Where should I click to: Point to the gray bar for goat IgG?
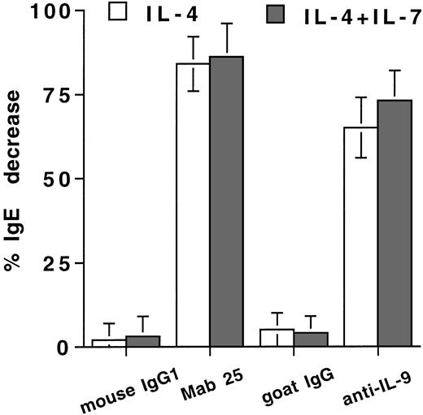pyautogui.click(x=310, y=339)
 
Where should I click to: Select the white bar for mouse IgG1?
pyautogui.click(x=109, y=343)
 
